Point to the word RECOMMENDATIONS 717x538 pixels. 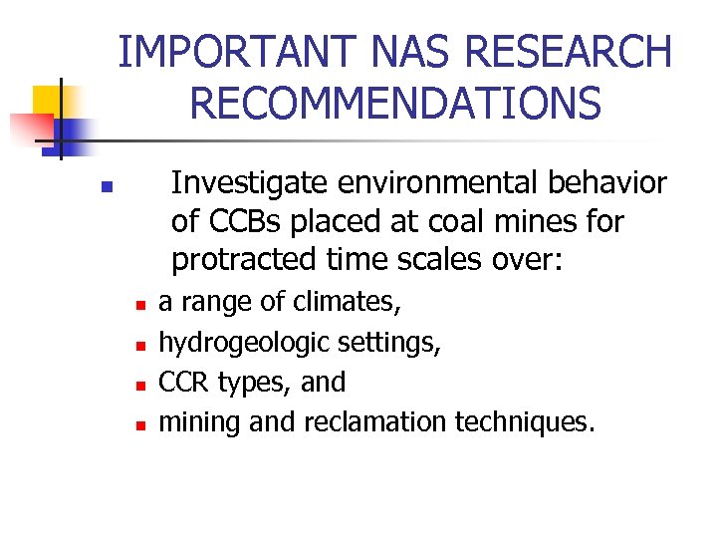click(394, 102)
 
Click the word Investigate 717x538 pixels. click(249, 183)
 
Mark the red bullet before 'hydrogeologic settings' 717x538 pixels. click(142, 344)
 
